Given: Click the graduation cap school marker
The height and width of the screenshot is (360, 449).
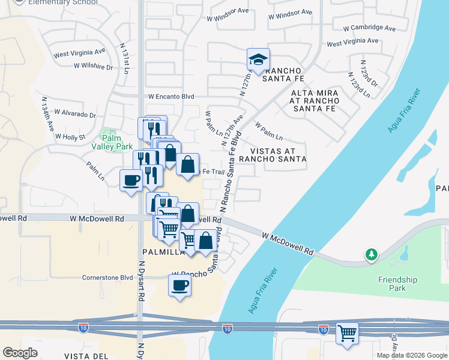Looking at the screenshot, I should [258, 60].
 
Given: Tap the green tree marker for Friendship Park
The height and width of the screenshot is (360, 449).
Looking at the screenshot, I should [372, 255].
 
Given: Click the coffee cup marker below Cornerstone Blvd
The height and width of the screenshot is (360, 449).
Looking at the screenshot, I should [179, 286].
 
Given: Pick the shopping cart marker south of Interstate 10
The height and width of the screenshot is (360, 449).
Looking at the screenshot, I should [347, 333].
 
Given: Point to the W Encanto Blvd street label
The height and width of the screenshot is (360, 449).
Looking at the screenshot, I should [172, 96].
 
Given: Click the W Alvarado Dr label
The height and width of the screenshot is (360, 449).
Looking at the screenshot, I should [75, 112].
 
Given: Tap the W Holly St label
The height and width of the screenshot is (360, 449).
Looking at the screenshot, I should [70, 137].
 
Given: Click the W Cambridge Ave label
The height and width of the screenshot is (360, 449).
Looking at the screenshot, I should [369, 28].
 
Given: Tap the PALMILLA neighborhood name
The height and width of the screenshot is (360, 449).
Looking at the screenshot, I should [162, 253].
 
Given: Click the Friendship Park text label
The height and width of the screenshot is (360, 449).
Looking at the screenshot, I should [397, 284].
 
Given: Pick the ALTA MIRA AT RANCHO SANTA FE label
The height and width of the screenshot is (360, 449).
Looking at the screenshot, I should [315, 101].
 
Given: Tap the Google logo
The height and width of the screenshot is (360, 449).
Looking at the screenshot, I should [20, 352].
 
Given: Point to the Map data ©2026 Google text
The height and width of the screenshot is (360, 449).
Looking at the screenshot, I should [411, 355].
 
